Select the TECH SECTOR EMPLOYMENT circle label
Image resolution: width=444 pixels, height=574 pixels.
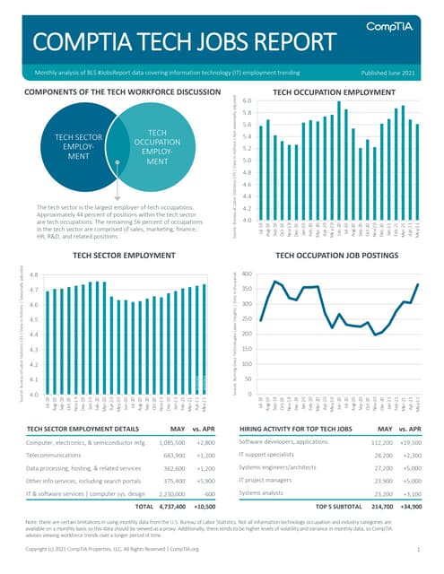76,149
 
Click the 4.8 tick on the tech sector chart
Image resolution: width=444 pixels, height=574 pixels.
32,275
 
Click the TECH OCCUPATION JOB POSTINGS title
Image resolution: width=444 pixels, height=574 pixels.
334,256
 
